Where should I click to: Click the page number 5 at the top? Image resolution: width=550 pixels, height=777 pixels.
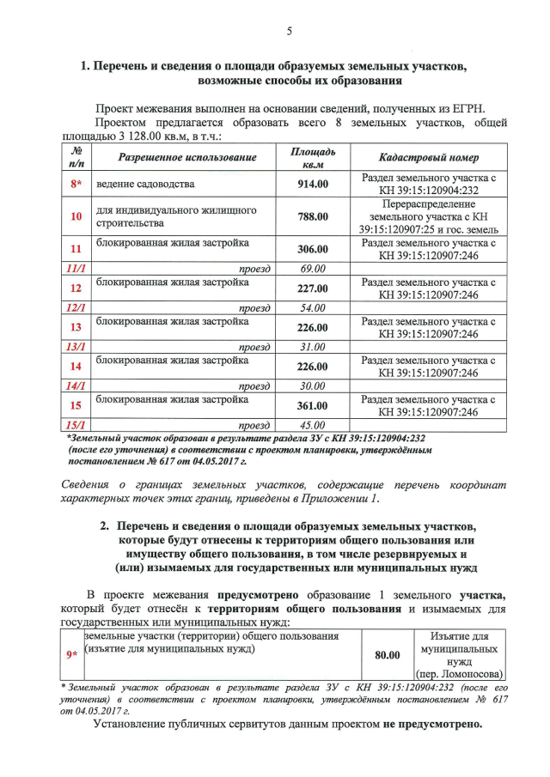(x=290, y=32)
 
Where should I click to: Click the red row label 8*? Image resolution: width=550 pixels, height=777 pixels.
(x=76, y=184)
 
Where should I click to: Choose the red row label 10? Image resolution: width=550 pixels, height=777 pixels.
(x=76, y=216)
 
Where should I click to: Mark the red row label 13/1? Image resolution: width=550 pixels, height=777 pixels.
(x=76, y=347)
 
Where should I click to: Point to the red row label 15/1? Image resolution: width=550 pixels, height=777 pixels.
(x=76, y=425)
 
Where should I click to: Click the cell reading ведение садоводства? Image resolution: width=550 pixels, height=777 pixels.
(x=145, y=184)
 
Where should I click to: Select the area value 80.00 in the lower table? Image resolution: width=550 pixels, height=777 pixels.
(x=388, y=655)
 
